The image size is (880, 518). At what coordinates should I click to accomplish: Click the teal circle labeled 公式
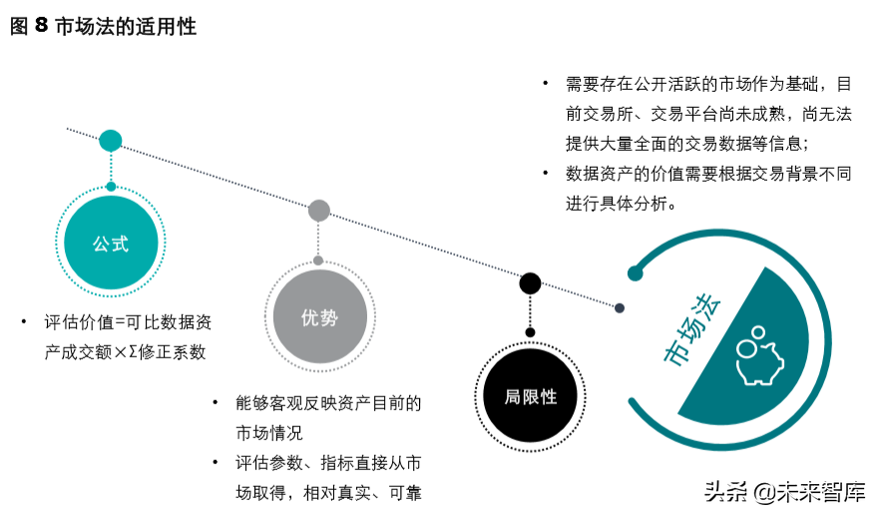coord(111,243)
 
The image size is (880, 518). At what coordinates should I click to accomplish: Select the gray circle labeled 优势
coord(319,317)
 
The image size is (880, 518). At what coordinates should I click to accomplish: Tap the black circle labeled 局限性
coord(530,396)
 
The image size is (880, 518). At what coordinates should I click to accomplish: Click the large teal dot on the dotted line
coord(111,141)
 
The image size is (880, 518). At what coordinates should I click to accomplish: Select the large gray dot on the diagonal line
coord(319,210)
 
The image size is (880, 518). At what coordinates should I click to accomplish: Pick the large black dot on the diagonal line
coord(530,283)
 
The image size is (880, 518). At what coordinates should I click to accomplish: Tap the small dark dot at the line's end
coord(620,308)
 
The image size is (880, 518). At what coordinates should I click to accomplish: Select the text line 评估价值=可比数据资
coord(127,323)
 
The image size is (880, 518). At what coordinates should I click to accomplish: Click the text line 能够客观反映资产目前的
coord(328,403)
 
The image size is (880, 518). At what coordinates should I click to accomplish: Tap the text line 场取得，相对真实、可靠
coord(328,493)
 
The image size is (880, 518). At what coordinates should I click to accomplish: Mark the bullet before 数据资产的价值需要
coord(545,172)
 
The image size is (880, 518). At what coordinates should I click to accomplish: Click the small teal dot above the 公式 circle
coord(111,187)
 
